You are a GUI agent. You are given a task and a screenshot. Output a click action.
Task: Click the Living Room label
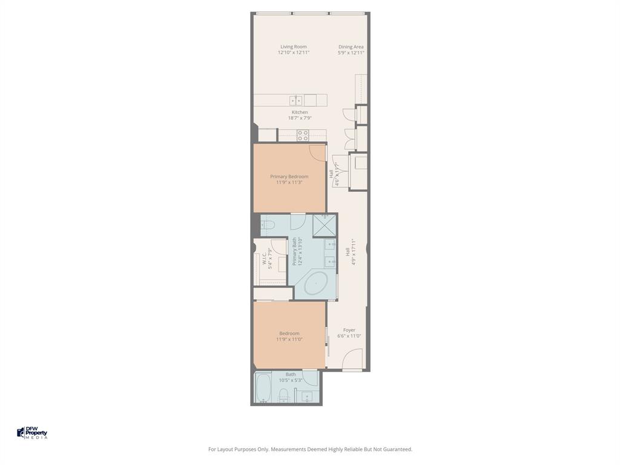pyautogui.click(x=293, y=47)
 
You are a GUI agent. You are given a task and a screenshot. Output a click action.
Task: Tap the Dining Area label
pyautogui.click(x=351, y=47)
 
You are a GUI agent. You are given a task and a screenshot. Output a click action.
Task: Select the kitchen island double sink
pyautogui.click(x=295, y=101)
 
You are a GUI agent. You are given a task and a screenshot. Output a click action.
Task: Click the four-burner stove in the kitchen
pyautogui.click(x=303, y=136)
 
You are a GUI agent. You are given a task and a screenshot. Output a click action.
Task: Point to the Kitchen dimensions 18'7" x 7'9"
pyautogui.click(x=300, y=118)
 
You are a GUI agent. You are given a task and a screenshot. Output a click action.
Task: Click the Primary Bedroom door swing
pyautogui.click(x=317, y=153)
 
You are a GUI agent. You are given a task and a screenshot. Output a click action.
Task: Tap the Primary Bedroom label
pyautogui.click(x=289, y=177)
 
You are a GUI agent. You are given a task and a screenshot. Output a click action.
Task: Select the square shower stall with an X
pyautogui.click(x=325, y=225)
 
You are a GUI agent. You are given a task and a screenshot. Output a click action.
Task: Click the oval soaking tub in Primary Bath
pyautogui.click(x=315, y=283)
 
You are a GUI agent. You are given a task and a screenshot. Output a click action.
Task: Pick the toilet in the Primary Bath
pyautogui.click(x=268, y=226)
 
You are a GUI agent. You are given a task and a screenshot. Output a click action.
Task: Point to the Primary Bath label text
pyautogui.click(x=294, y=251)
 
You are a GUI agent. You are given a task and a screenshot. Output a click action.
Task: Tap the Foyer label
pyautogui.click(x=349, y=330)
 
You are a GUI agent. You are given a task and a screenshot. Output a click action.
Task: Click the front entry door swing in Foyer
pyautogui.click(x=352, y=361)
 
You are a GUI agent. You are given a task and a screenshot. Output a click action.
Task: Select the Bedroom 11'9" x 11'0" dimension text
pyautogui.click(x=289, y=340)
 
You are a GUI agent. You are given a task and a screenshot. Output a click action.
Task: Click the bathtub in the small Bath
pyautogui.click(x=263, y=388)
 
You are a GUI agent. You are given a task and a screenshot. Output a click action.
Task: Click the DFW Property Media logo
pyautogui.click(x=32, y=433)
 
